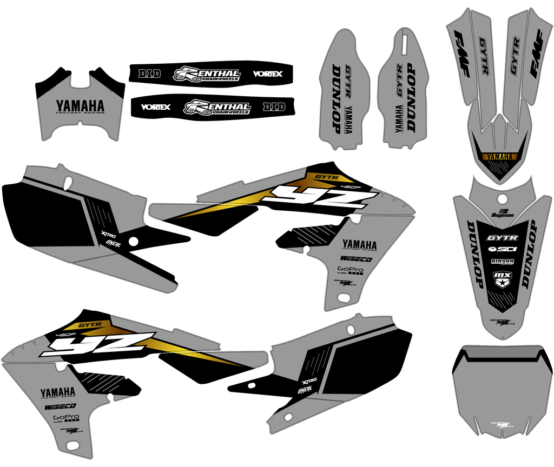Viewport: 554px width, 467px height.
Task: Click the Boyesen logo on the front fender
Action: click(x=502, y=214)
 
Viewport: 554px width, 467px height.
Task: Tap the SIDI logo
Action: click(x=502, y=250)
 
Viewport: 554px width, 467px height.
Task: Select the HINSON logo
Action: click(x=502, y=262)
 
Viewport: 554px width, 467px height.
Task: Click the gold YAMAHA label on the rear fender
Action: click(x=499, y=157)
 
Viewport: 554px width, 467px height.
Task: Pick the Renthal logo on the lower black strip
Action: click(x=217, y=107)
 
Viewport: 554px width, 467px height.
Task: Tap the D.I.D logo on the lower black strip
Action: click(x=274, y=106)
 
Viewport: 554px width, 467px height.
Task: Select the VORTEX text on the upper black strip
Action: click(x=267, y=74)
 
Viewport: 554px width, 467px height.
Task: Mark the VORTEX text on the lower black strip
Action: click(x=156, y=107)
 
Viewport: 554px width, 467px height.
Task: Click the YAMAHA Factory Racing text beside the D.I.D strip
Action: click(x=80, y=106)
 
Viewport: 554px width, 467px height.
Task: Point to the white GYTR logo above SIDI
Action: click(x=502, y=238)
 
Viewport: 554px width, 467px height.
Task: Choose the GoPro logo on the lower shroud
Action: click(x=66, y=418)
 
